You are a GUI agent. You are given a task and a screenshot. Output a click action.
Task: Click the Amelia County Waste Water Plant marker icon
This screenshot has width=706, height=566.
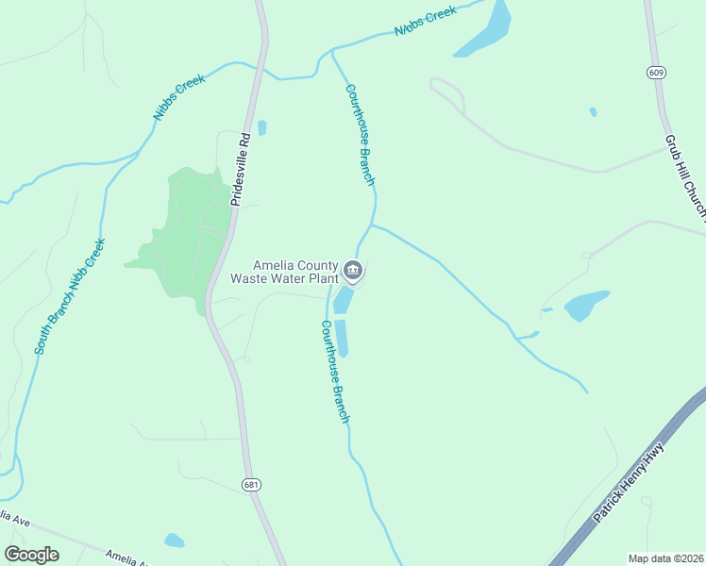pos(353,272)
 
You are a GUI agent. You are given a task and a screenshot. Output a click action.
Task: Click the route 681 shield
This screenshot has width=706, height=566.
pos(250,485)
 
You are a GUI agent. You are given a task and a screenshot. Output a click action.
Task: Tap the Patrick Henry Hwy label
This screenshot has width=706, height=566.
pos(630,482)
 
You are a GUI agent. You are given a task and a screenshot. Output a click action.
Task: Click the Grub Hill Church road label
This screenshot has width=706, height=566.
pos(684,175)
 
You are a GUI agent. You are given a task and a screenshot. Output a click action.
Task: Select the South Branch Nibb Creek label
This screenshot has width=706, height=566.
pos(70,295)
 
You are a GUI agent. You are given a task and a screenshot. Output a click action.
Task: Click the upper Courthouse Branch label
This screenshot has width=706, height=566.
pos(361,133)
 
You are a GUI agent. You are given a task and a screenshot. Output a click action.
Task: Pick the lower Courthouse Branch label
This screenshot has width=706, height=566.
pos(335,371)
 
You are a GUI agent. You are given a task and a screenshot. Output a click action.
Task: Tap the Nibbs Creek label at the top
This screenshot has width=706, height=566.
pos(425,22)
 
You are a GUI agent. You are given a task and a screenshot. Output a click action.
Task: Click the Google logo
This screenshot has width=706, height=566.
pos(31,555)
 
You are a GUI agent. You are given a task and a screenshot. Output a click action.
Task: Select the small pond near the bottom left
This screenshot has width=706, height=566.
pos(174,541)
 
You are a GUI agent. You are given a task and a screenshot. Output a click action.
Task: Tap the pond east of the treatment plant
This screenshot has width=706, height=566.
pos(586,304)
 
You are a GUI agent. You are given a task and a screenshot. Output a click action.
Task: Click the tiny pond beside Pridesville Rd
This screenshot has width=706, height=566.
pos(261,127)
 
